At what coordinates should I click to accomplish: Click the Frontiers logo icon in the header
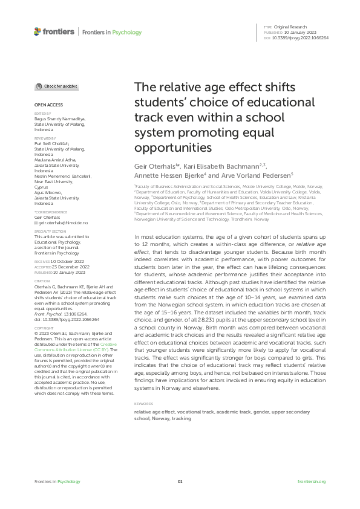38,31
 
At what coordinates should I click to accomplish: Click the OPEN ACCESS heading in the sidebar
46,105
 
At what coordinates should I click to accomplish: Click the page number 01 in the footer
180,482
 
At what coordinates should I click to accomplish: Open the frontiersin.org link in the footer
312,482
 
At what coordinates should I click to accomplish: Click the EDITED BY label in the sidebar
41,113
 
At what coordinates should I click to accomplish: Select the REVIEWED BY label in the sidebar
44,138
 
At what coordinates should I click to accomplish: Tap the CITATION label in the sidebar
41,281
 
